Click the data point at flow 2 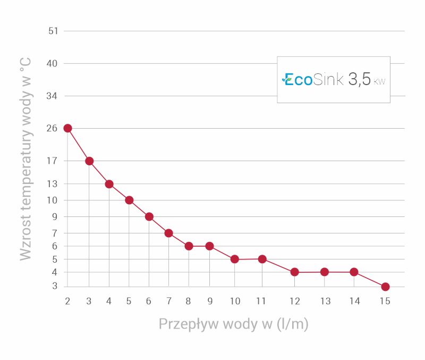coord(68,128)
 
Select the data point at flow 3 coord(89,161)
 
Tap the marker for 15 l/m coord(385,287)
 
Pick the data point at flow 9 coord(209,246)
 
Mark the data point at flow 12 coord(295,272)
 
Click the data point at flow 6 coord(149,217)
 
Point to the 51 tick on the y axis coord(53,31)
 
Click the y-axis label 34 coord(52,96)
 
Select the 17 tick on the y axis coord(52,161)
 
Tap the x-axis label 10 coord(235,301)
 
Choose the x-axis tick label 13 coord(326,301)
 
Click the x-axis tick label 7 coord(169,301)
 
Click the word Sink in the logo coord(328,79)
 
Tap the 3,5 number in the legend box coord(360,79)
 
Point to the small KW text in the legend coord(379,81)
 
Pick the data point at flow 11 coord(262,259)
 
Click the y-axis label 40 coord(52,63)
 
